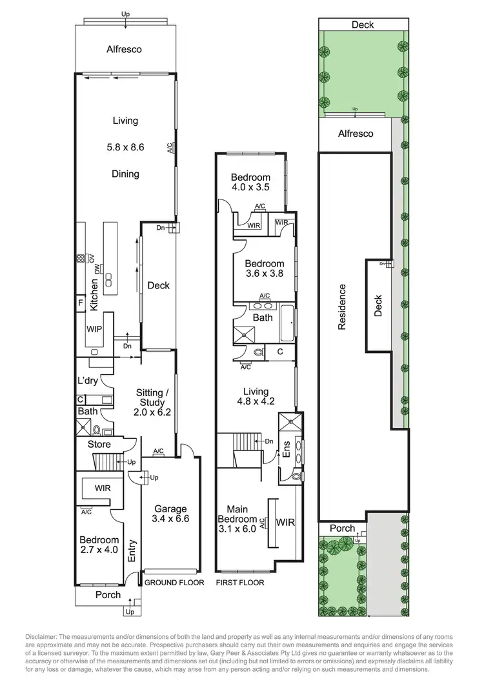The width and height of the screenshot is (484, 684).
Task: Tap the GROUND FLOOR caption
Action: coord(174,583)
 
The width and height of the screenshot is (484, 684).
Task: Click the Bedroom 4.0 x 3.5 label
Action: coord(250,183)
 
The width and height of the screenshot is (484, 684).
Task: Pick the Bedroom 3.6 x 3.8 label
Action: coord(264,268)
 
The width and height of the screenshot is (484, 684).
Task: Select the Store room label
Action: coord(99,445)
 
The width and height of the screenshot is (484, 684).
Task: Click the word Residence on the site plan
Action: coord(342,307)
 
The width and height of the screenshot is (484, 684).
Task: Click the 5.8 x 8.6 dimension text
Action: coord(125,147)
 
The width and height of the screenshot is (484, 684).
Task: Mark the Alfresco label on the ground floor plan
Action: coord(124,49)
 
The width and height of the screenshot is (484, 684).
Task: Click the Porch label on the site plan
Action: coord(342,528)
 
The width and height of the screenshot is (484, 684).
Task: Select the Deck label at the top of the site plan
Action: coord(363,25)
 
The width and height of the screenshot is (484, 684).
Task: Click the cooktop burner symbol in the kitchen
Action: coord(80,260)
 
